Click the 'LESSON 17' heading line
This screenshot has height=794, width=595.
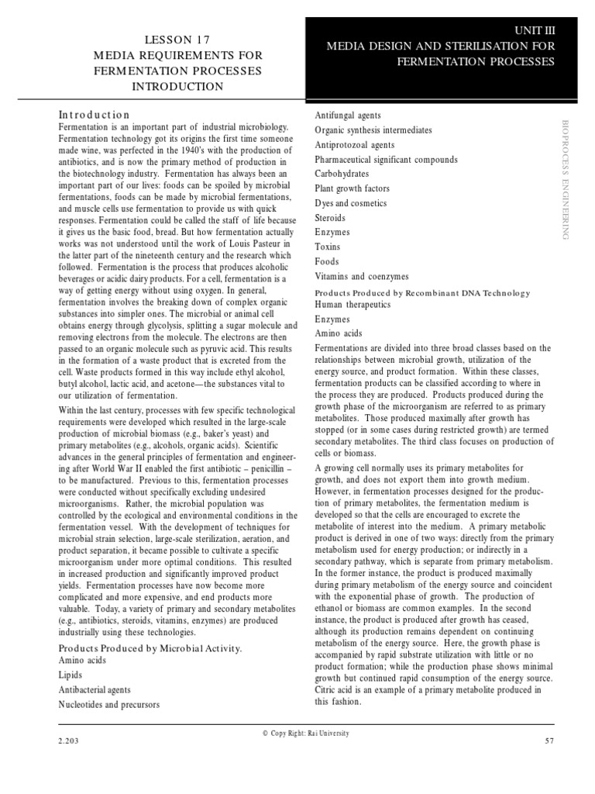(177, 40)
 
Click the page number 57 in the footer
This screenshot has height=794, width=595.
(550, 742)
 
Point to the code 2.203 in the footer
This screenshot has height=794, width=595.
(69, 742)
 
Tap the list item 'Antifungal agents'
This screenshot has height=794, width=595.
(347, 116)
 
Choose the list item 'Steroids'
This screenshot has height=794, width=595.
(330, 218)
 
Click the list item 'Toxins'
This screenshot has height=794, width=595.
(327, 247)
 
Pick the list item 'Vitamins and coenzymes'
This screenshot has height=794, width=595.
(360, 276)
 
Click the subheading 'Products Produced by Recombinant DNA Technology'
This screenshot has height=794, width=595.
(422, 293)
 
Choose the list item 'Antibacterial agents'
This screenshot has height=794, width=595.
(95, 689)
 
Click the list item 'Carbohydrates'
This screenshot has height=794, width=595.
(342, 174)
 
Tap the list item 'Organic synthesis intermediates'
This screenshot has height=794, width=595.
(373, 130)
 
